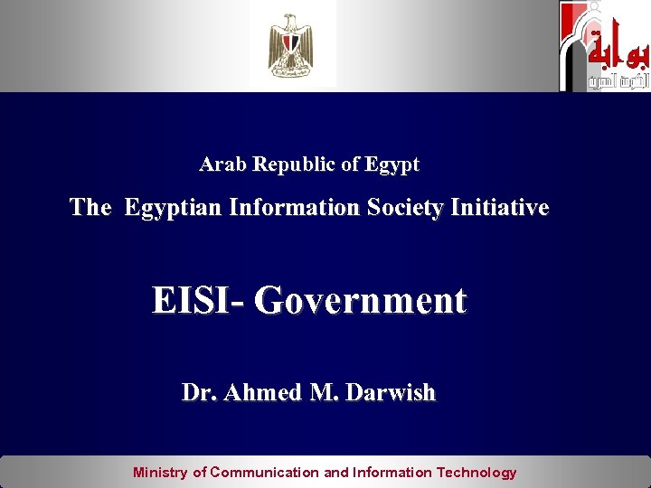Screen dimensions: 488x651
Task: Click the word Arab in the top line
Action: pos(223,165)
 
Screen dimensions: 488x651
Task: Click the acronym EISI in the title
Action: pos(193,301)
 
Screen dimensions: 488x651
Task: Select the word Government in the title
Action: pos(360,301)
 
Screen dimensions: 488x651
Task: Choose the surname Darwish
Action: pos(392,393)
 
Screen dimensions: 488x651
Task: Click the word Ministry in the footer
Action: pos(160,472)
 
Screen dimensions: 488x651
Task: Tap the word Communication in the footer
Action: pos(265,472)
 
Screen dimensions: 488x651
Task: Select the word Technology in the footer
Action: pos(476,472)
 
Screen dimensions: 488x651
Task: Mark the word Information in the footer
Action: pos(392,472)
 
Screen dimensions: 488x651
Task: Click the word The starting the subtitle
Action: pos(90,208)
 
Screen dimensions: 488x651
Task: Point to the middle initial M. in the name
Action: pos(320,393)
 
